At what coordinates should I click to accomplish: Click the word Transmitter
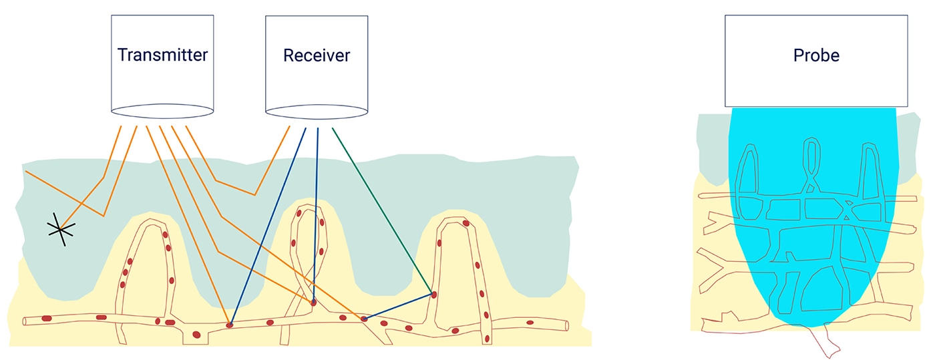pos(162,55)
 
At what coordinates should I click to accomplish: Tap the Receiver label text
pos(317,55)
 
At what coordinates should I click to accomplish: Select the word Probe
pos(816,55)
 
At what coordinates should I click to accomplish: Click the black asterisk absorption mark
pos(61,229)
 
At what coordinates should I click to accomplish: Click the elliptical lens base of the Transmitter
pos(162,111)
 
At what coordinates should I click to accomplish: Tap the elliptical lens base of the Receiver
pos(317,112)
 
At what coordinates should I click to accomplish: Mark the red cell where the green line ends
pos(433,295)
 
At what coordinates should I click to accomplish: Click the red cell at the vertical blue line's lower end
pos(313,302)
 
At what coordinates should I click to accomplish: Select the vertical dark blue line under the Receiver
pos(316,214)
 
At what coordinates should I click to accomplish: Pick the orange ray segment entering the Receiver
pos(272,160)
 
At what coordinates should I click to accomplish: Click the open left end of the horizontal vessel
pos(25,321)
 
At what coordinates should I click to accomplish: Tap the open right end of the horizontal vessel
pos(566,325)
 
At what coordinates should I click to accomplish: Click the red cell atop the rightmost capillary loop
pos(466,223)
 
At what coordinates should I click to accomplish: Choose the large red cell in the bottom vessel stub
pos(196,335)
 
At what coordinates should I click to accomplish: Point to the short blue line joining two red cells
pos(398,307)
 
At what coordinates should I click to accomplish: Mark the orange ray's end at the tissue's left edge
pos(26,171)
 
